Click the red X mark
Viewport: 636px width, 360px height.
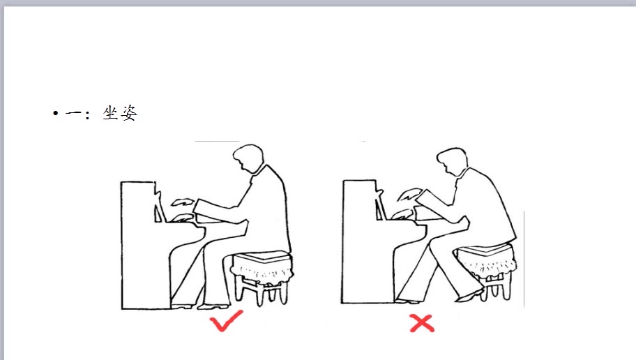[x=422, y=324]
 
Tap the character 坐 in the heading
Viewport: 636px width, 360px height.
[x=110, y=113]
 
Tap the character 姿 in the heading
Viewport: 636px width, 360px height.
[x=129, y=113]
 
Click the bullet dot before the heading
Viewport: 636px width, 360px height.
[x=56, y=113]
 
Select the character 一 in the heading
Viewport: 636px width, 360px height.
[x=74, y=113]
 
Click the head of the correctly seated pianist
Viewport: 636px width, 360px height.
[x=248, y=158]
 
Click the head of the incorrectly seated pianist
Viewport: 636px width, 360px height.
[x=452, y=162]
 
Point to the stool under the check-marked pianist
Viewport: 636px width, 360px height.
[x=262, y=277]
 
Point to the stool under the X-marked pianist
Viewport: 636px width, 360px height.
[x=487, y=270]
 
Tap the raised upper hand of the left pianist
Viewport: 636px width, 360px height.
[x=182, y=202]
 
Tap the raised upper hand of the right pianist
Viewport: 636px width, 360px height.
[x=409, y=195]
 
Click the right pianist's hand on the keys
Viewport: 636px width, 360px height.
[x=403, y=215]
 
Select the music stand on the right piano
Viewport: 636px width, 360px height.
[x=381, y=205]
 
